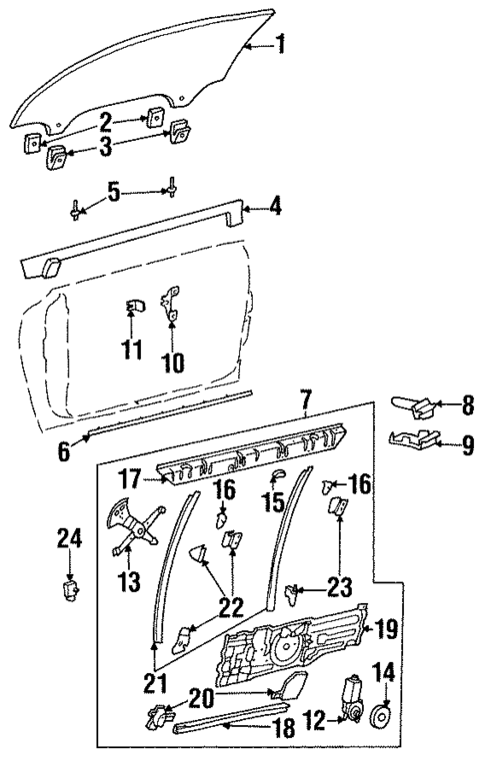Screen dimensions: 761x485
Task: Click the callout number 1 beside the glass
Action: [281, 43]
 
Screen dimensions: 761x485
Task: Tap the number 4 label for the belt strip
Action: [276, 209]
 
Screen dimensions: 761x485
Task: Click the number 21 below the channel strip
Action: [153, 686]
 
